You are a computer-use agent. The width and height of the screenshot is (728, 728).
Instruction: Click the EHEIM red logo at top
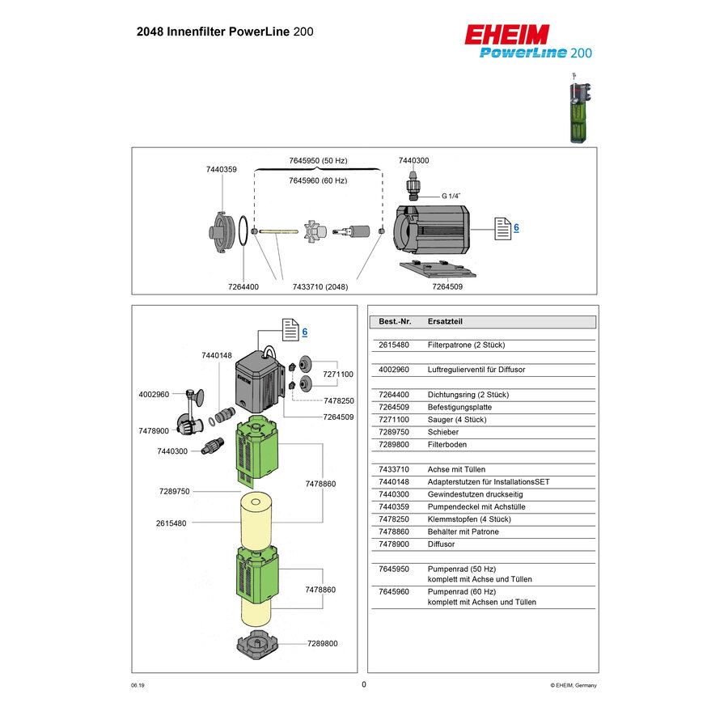[x=507, y=35]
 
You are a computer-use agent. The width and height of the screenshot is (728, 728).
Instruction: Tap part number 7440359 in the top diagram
[x=221, y=169]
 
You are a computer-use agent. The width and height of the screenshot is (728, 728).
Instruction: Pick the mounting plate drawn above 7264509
[x=437, y=269]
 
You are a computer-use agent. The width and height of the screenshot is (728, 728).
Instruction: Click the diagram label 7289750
[x=174, y=491]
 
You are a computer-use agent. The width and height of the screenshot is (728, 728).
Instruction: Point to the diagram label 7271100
[x=338, y=375]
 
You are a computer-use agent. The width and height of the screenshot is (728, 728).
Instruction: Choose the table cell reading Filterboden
[x=447, y=444]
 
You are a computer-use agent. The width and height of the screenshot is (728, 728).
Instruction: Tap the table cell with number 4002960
[x=393, y=370]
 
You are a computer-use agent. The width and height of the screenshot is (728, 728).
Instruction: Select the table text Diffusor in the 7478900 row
[x=442, y=544]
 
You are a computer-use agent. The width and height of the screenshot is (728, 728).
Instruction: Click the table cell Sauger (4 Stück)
[x=456, y=420]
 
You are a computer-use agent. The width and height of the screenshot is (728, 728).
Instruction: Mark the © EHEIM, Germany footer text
[x=573, y=684]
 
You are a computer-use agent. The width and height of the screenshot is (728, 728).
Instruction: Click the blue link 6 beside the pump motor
[x=516, y=228]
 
